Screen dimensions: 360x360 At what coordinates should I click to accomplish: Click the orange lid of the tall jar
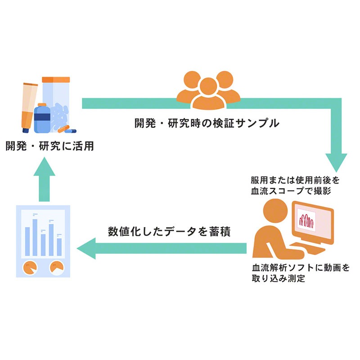(56, 80)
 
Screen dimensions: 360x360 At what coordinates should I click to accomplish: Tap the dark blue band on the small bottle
(42, 116)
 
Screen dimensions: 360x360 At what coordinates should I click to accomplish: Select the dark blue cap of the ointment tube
(26, 130)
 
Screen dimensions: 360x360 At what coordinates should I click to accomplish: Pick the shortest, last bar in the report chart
(59, 247)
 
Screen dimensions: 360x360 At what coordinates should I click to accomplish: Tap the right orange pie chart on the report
(57, 267)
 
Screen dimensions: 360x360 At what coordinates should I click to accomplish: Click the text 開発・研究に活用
(50, 146)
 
